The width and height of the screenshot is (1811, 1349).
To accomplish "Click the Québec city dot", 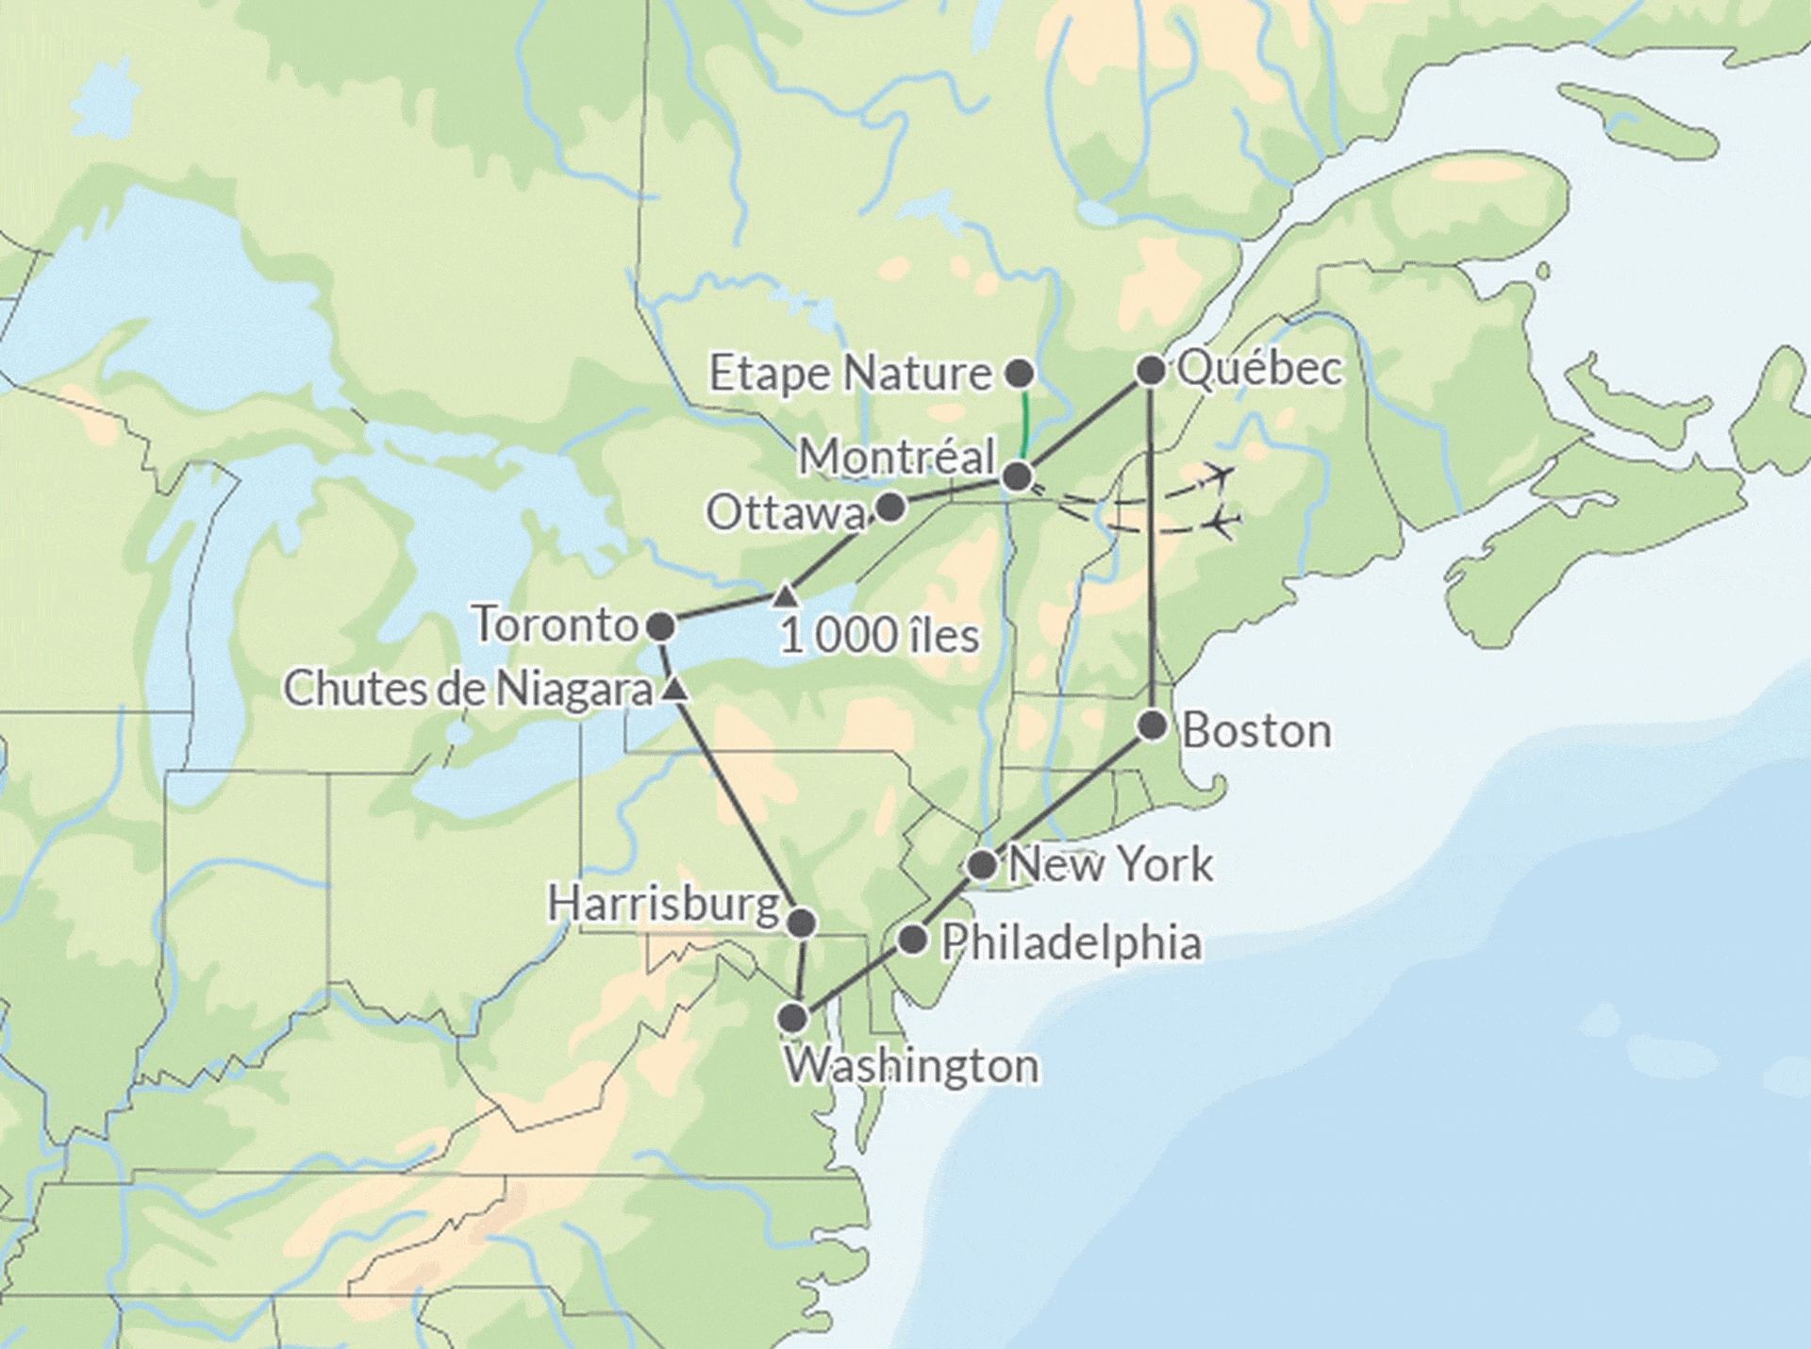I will click(1150, 371).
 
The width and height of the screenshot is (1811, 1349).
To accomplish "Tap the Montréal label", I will click(897, 458).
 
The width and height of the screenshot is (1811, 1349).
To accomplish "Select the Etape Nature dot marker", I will click(1020, 374).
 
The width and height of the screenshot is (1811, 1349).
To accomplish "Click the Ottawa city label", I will click(786, 514).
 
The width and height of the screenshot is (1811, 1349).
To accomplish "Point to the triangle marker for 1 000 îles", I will click(786, 595).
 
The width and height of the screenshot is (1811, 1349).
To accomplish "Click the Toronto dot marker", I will click(660, 626).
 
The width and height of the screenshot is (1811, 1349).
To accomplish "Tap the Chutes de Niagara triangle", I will click(673, 691).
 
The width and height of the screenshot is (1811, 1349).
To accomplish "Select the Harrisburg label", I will click(663, 905).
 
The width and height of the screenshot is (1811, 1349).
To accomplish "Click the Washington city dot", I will click(793, 1018).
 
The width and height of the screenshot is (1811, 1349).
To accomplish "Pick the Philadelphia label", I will click(1072, 943).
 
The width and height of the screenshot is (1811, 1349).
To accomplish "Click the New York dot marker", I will click(982, 864).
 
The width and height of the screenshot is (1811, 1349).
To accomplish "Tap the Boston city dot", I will click(1152, 725).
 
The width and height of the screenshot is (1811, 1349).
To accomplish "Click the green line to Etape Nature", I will click(1023, 425).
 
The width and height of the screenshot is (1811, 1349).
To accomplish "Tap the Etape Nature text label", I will click(850, 375).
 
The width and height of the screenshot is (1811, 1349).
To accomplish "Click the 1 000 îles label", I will click(879, 637).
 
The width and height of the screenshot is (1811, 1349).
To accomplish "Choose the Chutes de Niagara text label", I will click(468, 690).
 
